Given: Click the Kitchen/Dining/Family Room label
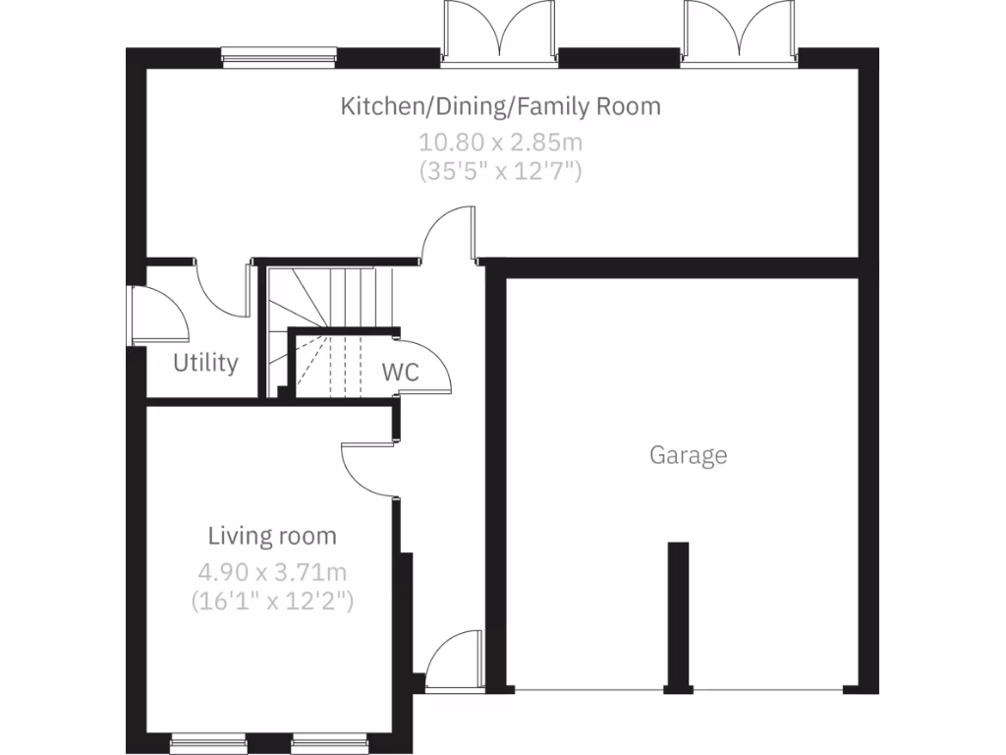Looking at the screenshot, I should pos(500,106).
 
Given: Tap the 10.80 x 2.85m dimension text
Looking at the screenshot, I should pos(501,142).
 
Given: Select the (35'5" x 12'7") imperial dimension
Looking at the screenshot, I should pos(501,170).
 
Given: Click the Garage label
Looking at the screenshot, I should pos(688,455).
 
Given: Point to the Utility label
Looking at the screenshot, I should pos(205,363).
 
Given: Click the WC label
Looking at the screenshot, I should pos(400,373).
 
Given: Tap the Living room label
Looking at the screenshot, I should pos(272,536).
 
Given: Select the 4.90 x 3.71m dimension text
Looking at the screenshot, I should pos(272,571).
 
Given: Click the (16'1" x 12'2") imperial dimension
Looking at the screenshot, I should pos(272,600).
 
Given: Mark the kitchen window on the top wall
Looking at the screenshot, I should pos(280,57).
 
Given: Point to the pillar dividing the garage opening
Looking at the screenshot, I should pos(678,615).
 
